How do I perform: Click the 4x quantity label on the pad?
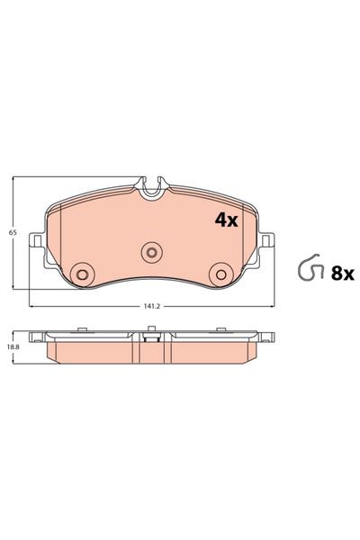pyautogui.click(x=224, y=220)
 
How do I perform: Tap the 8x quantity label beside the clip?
pyautogui.click(x=343, y=274)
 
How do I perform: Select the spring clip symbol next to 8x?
pyautogui.click(x=310, y=270)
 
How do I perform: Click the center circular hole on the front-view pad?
pyautogui.click(x=151, y=252)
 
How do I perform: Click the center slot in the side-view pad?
pyautogui.click(x=151, y=340)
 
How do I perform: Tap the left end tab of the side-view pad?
pyautogui.click(x=37, y=337)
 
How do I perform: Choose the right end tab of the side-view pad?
pyautogui.click(x=266, y=337)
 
